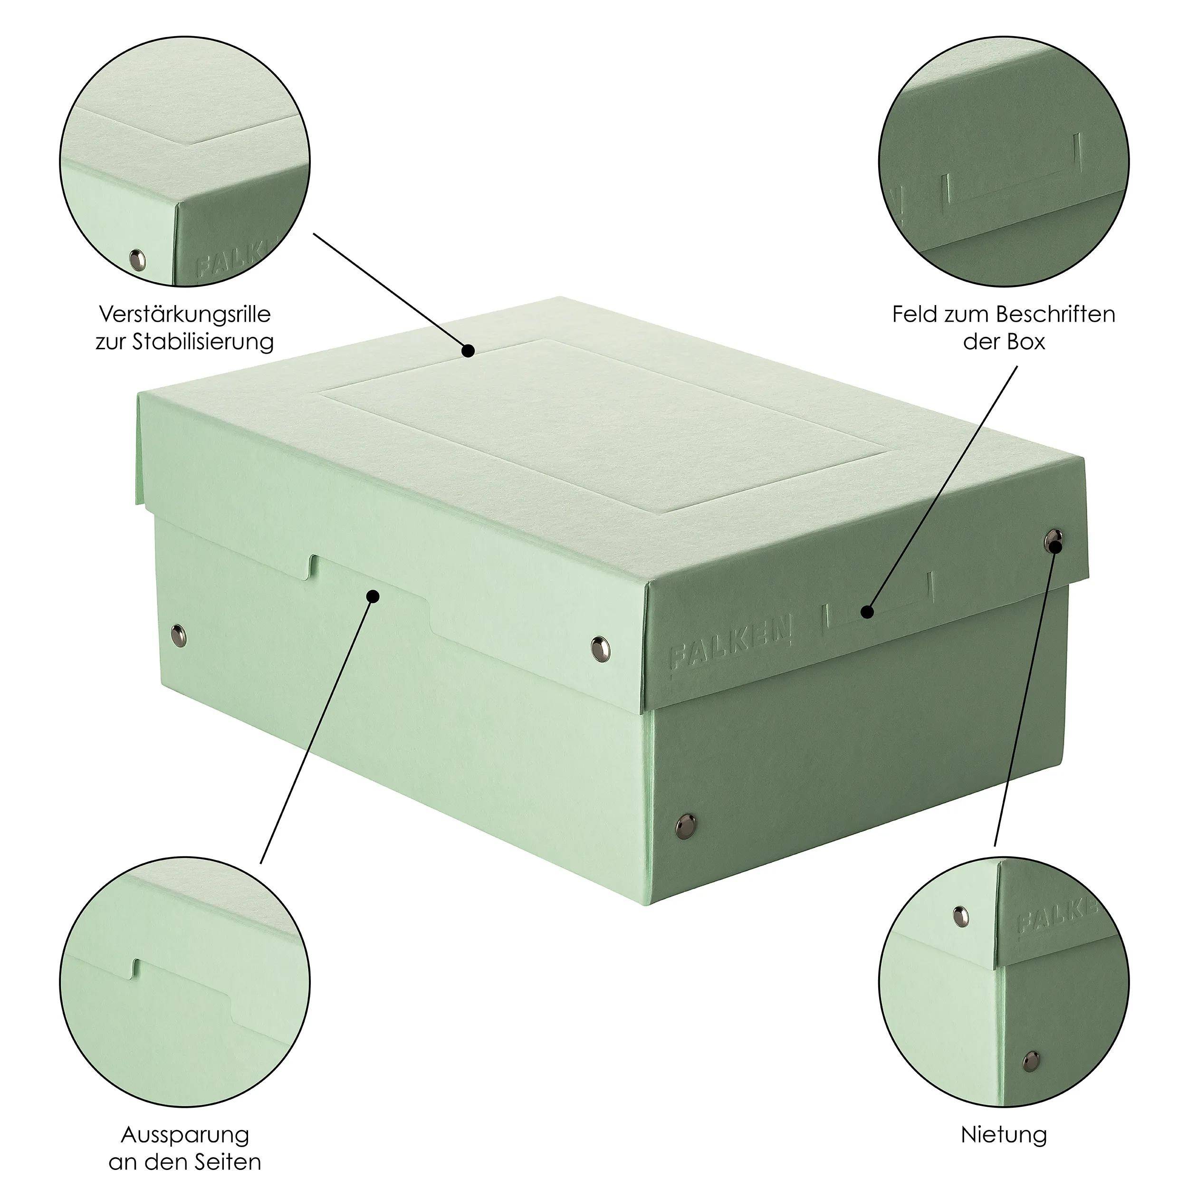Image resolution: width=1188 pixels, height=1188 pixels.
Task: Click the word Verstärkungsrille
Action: pos(185,315)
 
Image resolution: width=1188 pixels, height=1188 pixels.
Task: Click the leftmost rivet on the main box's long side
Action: pos(178,632)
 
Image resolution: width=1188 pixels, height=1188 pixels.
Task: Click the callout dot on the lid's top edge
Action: pos(468,351)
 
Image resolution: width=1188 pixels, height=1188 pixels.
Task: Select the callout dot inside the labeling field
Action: pos(868,612)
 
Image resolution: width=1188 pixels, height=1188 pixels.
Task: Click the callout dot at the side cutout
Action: pos(373,596)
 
